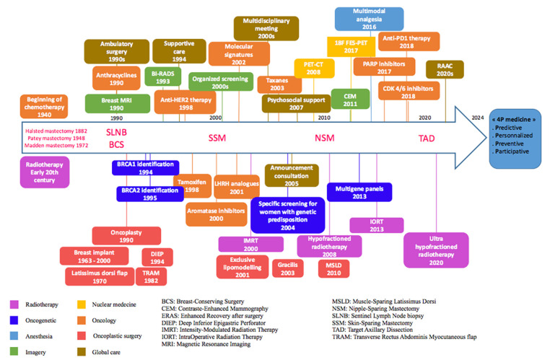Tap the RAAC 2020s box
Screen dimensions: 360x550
[x=440, y=70]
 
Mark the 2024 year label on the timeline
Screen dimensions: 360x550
[x=476, y=118]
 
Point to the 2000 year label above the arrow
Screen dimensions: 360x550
[x=215, y=118]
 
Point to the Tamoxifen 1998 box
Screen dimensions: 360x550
[x=186, y=185]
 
